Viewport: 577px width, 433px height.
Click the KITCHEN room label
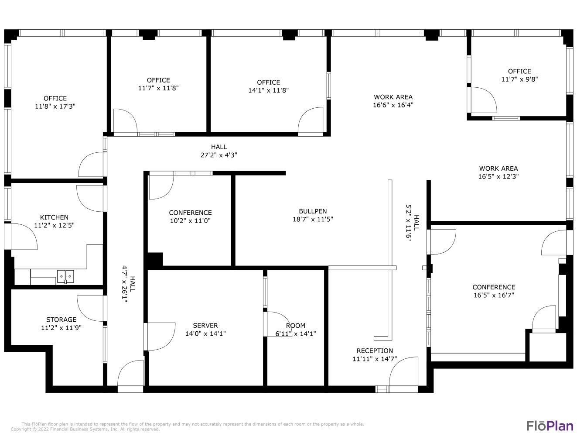click(54, 217)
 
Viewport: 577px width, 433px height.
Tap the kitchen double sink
click(65, 276)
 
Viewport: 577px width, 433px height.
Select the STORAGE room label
click(61, 320)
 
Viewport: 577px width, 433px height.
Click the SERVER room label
click(205, 326)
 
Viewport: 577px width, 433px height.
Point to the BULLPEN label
click(313, 211)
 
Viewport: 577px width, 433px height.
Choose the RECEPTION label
click(375, 351)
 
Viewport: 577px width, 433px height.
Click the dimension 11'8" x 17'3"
click(55, 106)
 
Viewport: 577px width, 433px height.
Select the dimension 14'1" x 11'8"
click(268, 90)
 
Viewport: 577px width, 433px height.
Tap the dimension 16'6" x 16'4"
click(393, 105)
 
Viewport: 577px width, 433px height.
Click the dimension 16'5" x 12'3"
click(498, 176)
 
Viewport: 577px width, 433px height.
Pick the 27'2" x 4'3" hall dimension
click(219, 155)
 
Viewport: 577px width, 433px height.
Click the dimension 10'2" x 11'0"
click(190, 221)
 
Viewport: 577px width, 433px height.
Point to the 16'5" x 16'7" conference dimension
click(494, 295)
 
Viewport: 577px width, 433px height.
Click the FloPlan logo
click(549, 425)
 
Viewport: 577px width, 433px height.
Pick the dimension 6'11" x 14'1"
click(295, 334)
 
